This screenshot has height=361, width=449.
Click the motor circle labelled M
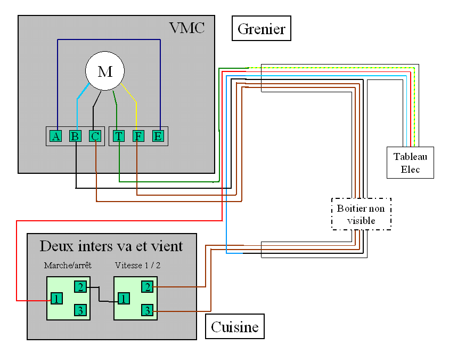pyautogui.click(x=105, y=71)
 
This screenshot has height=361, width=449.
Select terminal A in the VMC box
pyautogui.click(x=55, y=136)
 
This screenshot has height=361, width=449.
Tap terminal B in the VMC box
pyautogui.click(x=75, y=136)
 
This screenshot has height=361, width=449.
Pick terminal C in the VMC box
pyautogui.click(x=95, y=136)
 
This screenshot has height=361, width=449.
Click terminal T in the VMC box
pyautogui.click(x=118, y=136)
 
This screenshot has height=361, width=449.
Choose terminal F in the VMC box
pyautogui.click(x=138, y=136)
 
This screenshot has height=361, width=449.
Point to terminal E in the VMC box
pyautogui.click(x=158, y=136)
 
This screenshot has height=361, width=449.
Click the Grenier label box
pyautogui.click(x=262, y=28)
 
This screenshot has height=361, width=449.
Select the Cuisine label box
pyautogui.click(x=235, y=326)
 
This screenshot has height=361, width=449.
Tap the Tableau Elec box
pyautogui.click(x=410, y=163)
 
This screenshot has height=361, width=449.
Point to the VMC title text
pyautogui.click(x=186, y=28)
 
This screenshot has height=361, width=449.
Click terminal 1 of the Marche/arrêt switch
pyautogui.click(x=56, y=298)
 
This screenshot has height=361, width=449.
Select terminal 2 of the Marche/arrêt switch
pyautogui.click(x=80, y=286)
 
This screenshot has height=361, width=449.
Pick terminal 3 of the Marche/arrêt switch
pyautogui.click(x=80, y=310)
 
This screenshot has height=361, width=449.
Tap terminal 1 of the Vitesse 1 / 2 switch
pyautogui.click(x=123, y=298)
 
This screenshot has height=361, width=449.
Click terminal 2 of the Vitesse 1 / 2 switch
pyautogui.click(x=147, y=286)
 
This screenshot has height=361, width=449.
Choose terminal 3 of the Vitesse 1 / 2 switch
pyautogui.click(x=147, y=310)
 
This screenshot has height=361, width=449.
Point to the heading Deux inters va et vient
pyautogui.click(x=111, y=246)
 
